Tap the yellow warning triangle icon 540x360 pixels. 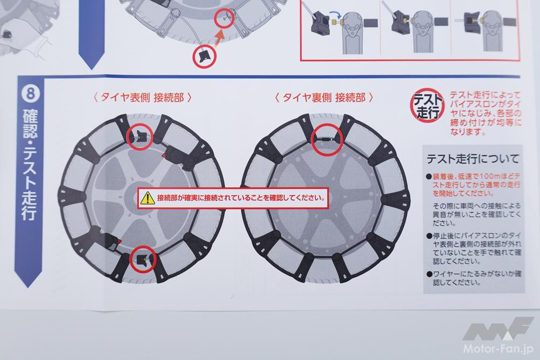tap(147, 198)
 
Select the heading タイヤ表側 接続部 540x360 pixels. tap(142, 98)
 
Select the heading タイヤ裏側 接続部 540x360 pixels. tap(323, 98)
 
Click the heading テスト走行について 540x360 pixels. tap(473, 159)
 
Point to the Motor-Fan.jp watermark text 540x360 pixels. tap(498, 348)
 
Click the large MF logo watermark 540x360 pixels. tap(498, 328)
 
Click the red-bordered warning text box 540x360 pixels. tap(233, 198)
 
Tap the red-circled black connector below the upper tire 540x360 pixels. tap(204, 57)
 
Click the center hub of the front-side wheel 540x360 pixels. tap(137, 198)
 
